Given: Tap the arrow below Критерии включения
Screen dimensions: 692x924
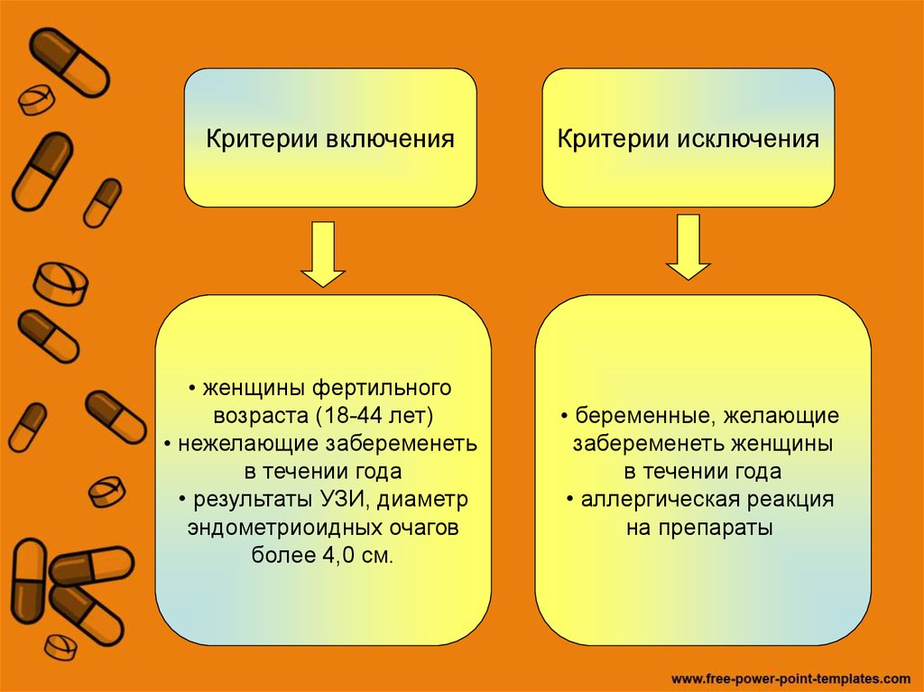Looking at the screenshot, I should [x=322, y=254].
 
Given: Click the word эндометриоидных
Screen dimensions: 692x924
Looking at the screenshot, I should [x=278, y=528].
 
